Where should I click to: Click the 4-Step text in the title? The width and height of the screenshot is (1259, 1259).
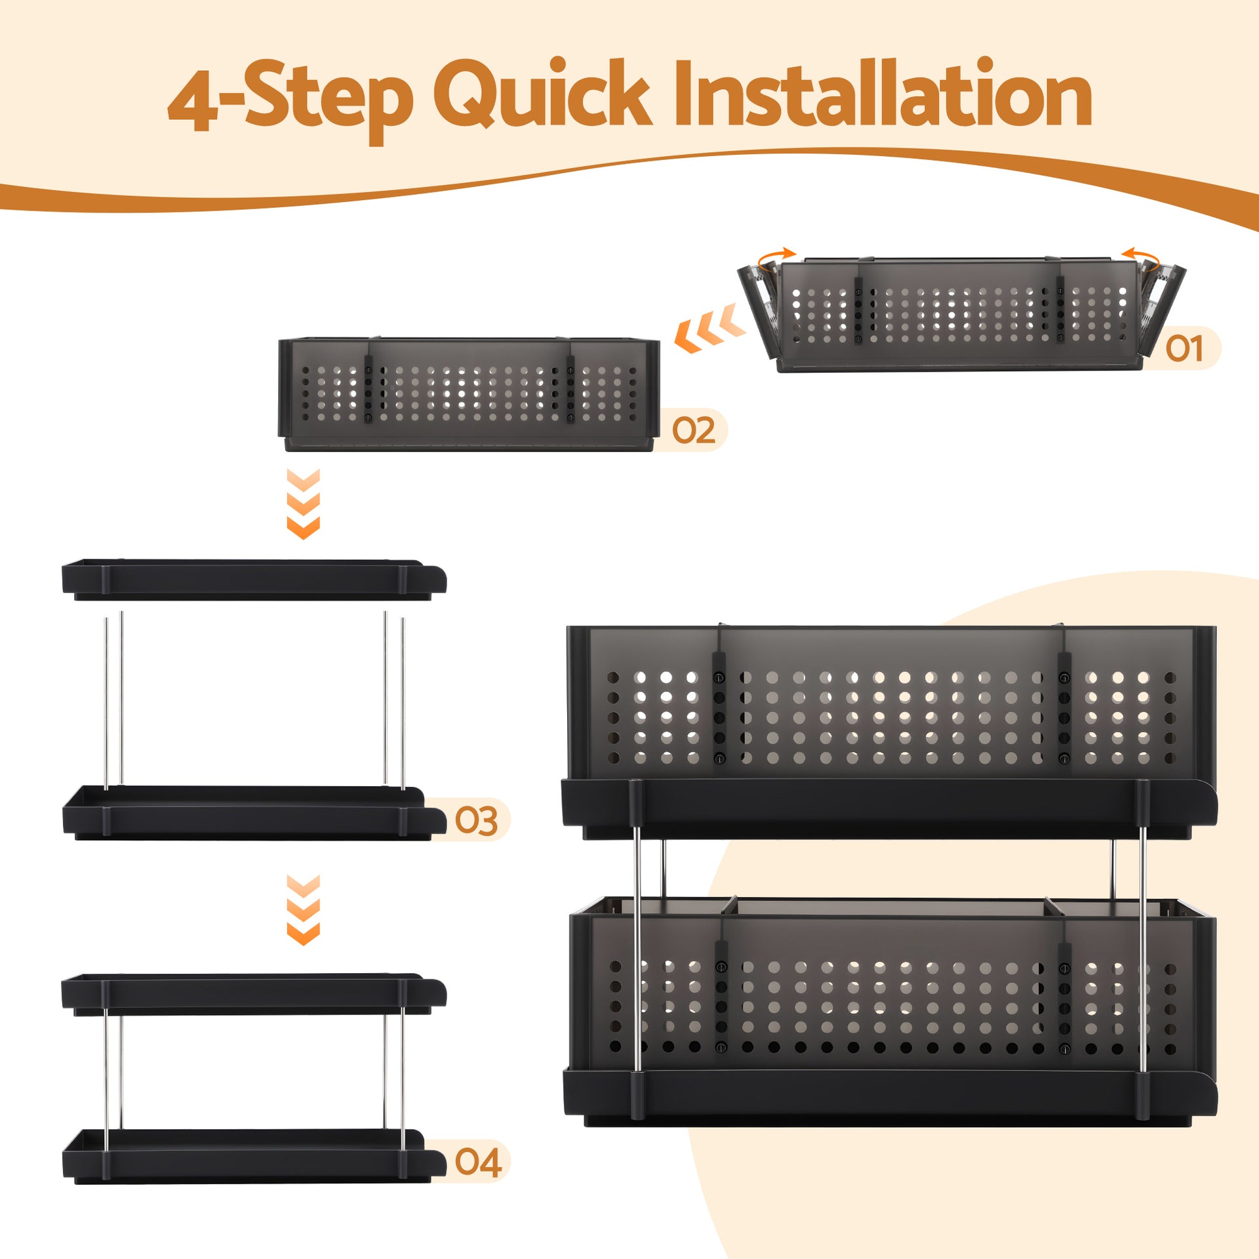click(290, 98)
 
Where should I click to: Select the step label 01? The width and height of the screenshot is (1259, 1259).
click(1184, 348)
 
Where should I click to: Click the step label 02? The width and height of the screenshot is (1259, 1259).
click(693, 431)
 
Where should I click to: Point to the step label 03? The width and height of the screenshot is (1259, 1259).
click(476, 820)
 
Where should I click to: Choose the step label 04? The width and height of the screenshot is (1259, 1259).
click(478, 1163)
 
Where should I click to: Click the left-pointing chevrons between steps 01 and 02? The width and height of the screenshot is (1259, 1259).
click(710, 329)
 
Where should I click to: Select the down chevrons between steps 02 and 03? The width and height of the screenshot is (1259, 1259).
click(304, 504)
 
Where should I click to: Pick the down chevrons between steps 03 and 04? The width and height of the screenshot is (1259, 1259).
click(304, 909)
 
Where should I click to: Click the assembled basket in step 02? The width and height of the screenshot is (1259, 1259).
click(469, 393)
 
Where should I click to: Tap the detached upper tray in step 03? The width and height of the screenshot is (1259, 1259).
click(252, 580)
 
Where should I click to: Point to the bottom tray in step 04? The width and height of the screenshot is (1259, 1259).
click(252, 1157)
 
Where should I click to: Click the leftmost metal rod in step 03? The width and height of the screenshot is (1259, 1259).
click(106, 702)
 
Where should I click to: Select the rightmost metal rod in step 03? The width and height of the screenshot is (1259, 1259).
click(403, 702)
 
